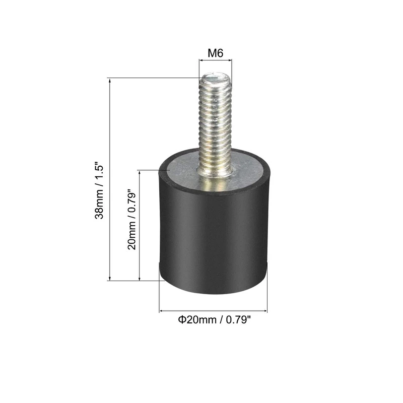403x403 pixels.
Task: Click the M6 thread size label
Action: [x=216, y=53]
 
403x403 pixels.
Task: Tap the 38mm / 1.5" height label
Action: [x=99, y=190]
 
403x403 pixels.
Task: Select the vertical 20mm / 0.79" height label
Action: [x=131, y=220]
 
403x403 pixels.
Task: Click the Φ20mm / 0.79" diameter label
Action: [x=214, y=320]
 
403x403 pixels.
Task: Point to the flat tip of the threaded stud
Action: [x=216, y=78]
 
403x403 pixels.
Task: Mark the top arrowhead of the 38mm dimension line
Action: [x=110, y=81]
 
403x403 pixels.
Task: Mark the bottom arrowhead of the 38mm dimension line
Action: [x=110, y=278]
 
